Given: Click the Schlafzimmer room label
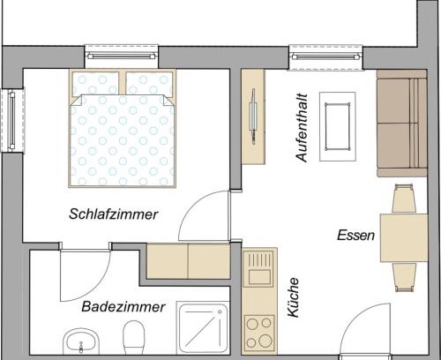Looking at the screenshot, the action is [114, 214].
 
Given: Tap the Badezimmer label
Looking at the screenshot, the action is [123, 307].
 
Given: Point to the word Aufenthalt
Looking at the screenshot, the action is [302, 128].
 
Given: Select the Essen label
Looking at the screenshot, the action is [355, 236].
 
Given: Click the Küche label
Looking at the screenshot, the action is [293, 297].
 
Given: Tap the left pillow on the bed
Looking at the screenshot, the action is [95, 83].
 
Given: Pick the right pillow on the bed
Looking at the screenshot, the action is [149, 83].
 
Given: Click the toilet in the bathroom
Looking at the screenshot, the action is [134, 337].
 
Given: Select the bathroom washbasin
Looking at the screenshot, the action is [81, 341].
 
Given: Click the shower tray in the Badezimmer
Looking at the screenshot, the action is [203, 327].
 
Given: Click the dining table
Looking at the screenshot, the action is [404, 238].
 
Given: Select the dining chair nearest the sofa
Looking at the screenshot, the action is [404, 198].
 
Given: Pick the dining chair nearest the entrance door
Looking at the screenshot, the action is [404, 277].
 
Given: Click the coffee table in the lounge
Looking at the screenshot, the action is [337, 126].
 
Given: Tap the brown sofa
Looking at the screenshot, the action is [402, 124].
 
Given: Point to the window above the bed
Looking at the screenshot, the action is [122, 56].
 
